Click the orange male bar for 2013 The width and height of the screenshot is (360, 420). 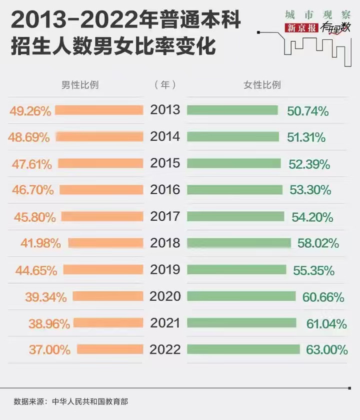pyautogui.click(x=99, y=110)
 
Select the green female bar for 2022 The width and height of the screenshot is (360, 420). pyautogui.click(x=243, y=349)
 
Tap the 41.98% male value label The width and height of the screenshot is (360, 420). pyautogui.click(x=41, y=243)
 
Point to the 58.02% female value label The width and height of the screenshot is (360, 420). pyautogui.click(x=317, y=243)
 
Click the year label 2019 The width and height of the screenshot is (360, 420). pyautogui.click(x=165, y=270)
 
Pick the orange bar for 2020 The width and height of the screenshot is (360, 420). pyautogui.click(x=107, y=296)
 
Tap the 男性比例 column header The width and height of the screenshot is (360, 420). pyautogui.click(x=79, y=85)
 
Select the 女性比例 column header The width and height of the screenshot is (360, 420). pyautogui.click(x=262, y=85)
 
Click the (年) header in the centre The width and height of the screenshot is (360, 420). pyautogui.click(x=165, y=85)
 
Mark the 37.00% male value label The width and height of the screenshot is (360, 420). pyautogui.click(x=49, y=350)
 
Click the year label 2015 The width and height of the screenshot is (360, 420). pyautogui.click(x=165, y=163)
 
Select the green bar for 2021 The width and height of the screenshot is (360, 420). pyautogui.click(x=243, y=323)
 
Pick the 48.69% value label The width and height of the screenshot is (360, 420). pyautogui.click(x=29, y=137)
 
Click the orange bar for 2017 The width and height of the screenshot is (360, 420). pyautogui.click(x=102, y=216)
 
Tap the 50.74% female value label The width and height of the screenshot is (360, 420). pyautogui.click(x=308, y=111)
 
